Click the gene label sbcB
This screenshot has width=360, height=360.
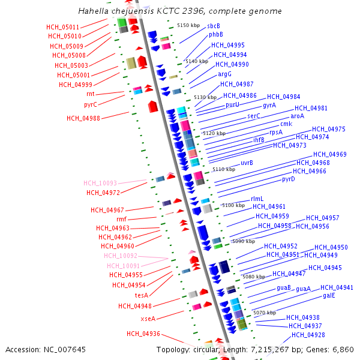pos(214,26)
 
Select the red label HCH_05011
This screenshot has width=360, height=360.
pos(63,28)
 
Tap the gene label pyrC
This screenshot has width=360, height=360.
pos(91,104)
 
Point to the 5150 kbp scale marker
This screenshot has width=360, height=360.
pos(188,25)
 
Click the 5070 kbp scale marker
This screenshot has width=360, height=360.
pos(265,313)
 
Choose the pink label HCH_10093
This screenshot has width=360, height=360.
pos(100,184)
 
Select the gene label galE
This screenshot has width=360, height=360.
pos(329,296)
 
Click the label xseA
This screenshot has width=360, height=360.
pos(148,319)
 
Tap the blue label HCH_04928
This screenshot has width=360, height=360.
pos(308,335)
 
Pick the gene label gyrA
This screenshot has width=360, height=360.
pos(269,106)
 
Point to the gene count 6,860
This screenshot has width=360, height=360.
pos(342,350)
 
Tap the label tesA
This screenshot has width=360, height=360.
pos(142,295)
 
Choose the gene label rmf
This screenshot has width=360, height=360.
pos(122,220)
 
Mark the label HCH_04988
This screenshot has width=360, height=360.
pos(83,119)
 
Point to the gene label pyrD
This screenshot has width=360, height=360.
pos(289,179)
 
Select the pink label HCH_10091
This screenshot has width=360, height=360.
pos(124,266)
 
